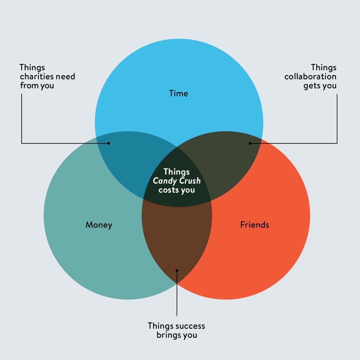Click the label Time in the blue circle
[x=179, y=94]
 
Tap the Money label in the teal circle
[x=99, y=225]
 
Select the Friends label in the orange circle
[x=255, y=225]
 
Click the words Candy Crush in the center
[x=177, y=181]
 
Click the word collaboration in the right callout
[x=310, y=77]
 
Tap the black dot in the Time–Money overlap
[x=109, y=143]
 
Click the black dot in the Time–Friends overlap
[x=250, y=143]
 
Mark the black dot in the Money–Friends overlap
[x=177, y=270]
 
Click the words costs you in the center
[x=177, y=190]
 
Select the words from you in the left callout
[x=37, y=86]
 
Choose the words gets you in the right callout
[x=320, y=86]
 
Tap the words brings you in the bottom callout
[x=177, y=335]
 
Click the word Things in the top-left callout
[x=32, y=67]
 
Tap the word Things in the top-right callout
[x=324, y=67]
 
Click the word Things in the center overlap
[x=177, y=172]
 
